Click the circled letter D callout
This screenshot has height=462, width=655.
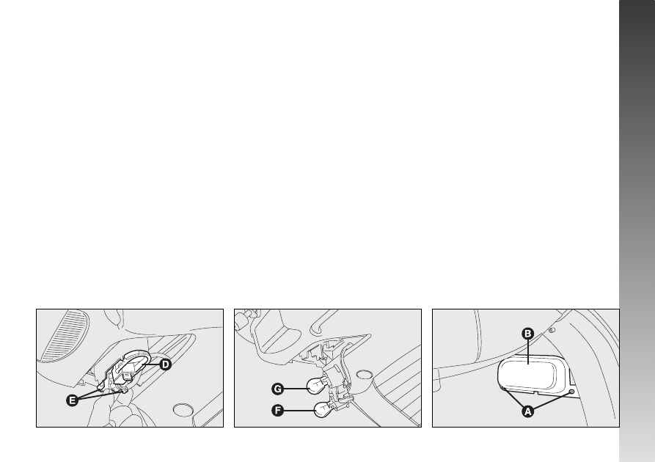pos(166,364)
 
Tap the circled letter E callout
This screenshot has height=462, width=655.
pos(73,400)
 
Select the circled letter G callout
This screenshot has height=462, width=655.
pos(277,389)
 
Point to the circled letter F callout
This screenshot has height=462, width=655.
pos(277,411)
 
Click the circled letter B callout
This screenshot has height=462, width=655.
pos(528,334)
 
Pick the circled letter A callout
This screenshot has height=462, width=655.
pos(528,411)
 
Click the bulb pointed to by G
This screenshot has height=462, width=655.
pos(316,386)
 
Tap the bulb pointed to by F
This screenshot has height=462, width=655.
pos(323,409)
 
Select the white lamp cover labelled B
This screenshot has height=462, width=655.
pos(530,374)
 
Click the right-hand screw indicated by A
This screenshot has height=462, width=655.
pos(572,392)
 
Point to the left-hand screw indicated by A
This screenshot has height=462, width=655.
pos(504,389)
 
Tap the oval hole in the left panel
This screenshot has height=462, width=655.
pos(183,409)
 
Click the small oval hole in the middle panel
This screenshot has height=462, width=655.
pos(365,373)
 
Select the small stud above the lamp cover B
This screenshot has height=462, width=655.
pos(552,330)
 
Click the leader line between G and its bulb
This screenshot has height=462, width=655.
pos(296,389)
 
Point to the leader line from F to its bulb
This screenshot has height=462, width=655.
pos(299,411)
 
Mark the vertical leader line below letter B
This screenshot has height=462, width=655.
pos(528,351)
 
